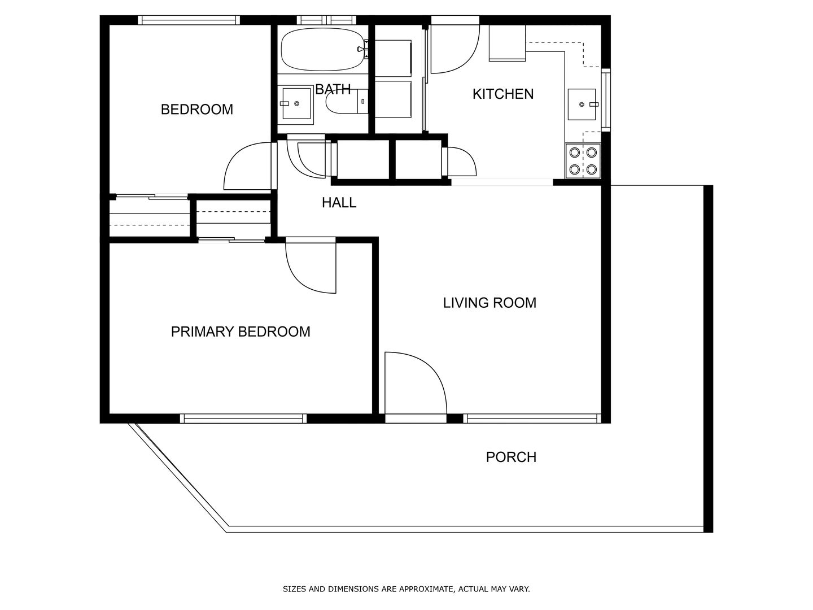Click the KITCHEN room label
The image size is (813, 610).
(x=502, y=94)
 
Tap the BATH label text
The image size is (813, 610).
(x=333, y=89)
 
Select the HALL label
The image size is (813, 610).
(x=339, y=203)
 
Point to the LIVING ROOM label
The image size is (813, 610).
(x=489, y=303)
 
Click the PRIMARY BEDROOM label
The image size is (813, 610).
(x=241, y=332)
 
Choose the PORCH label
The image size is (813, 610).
(x=511, y=457)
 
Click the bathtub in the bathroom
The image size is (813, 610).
(x=322, y=49)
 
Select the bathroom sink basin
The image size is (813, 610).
(x=296, y=103)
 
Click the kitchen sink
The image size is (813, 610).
(x=582, y=104)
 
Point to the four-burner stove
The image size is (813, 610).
(x=583, y=161)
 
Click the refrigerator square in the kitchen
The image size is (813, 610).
(x=507, y=43)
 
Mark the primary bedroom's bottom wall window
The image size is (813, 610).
(x=243, y=419)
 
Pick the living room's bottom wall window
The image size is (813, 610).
(x=532, y=419)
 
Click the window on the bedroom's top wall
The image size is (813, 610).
(x=189, y=20)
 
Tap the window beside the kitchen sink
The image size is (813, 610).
(x=606, y=100)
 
